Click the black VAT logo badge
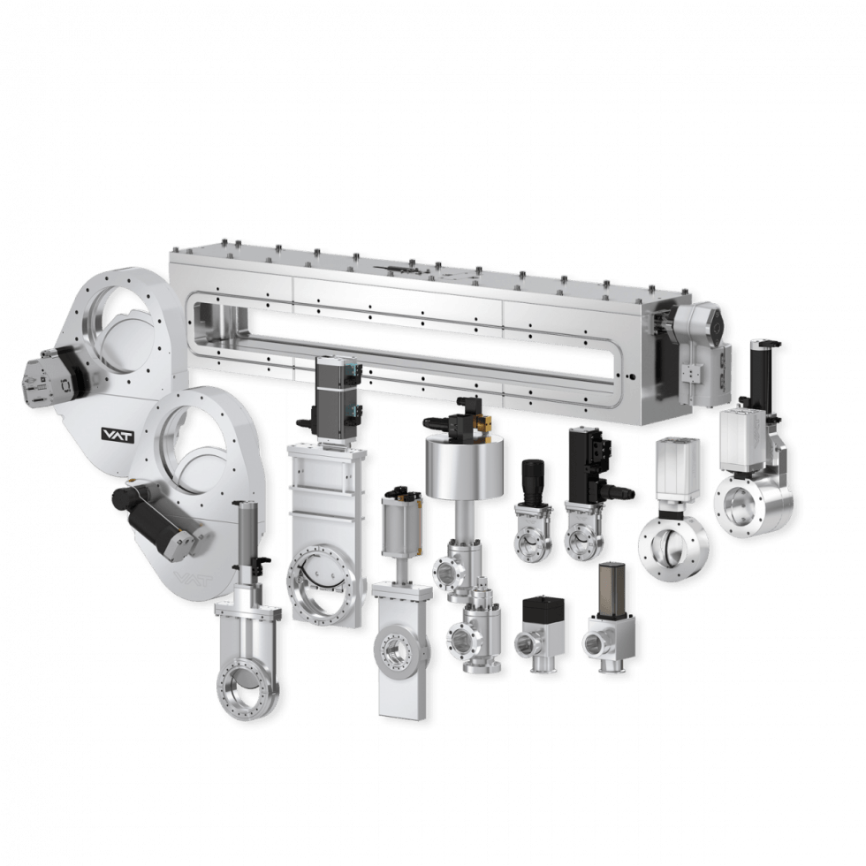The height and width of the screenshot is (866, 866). tap(111, 434)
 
